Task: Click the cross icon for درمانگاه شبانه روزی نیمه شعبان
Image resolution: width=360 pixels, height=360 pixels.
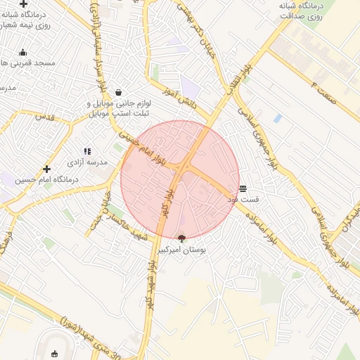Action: pyautogui.click(x=23, y=4)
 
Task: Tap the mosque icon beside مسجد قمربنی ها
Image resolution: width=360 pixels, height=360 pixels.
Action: pyautogui.click(x=22, y=52)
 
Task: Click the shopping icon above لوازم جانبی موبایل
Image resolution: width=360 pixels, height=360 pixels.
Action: pyautogui.click(x=118, y=92)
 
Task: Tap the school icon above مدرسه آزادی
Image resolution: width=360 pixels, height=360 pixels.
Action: pyautogui.click(x=87, y=151)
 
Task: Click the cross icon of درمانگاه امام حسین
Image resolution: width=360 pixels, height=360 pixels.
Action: pyautogui.click(x=47, y=169)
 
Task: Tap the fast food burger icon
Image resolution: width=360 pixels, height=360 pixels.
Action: pyautogui.click(x=243, y=188)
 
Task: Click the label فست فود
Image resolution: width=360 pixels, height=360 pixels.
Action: pyautogui.click(x=243, y=199)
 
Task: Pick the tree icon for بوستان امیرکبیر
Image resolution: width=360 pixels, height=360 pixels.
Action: pyautogui.click(x=182, y=239)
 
